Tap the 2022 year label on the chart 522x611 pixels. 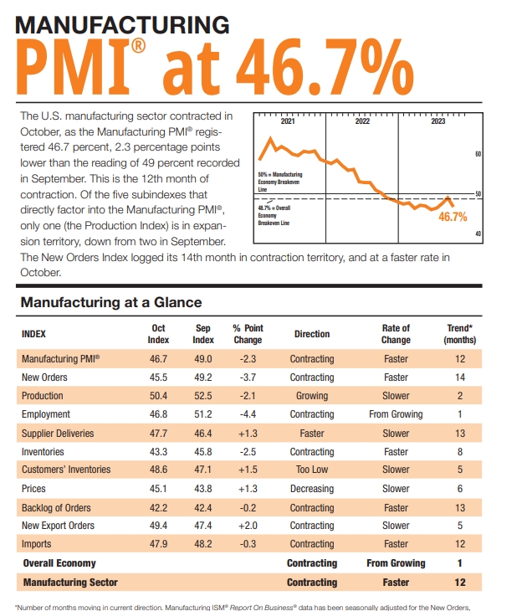click(x=362, y=121)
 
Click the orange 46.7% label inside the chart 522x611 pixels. click(x=453, y=217)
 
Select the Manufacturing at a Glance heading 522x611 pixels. click(x=110, y=301)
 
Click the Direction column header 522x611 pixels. click(x=311, y=334)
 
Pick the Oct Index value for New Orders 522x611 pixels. click(x=158, y=377)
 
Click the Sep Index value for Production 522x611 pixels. click(x=203, y=396)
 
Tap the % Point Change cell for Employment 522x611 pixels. click(x=248, y=414)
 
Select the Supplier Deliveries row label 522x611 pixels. click(x=58, y=434)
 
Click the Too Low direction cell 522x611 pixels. click(x=311, y=470)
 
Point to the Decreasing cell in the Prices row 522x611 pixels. click(x=311, y=489)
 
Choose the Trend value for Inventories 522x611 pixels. click(x=459, y=452)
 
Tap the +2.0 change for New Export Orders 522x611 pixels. click(x=248, y=526)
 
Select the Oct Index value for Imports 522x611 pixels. click(x=158, y=545)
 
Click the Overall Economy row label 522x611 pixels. click(x=59, y=563)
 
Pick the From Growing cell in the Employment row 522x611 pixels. click(x=396, y=414)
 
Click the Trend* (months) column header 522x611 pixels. click(x=459, y=334)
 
